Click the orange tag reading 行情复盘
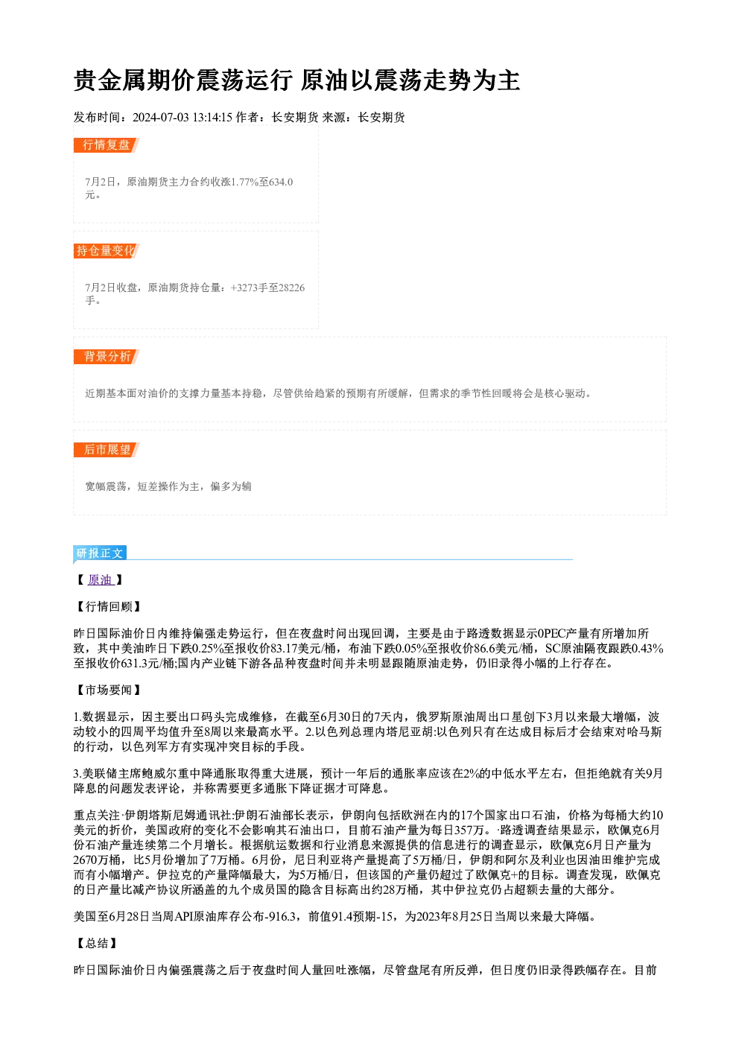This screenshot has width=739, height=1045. pyautogui.click(x=106, y=144)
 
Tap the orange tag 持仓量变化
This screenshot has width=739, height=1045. pyautogui.click(x=106, y=250)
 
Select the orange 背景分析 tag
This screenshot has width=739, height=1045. pyautogui.click(x=106, y=357)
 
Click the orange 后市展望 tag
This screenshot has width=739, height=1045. pyautogui.click(x=106, y=449)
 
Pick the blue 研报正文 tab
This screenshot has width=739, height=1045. pyautogui.click(x=100, y=553)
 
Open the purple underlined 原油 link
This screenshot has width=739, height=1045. pyautogui.click(x=101, y=580)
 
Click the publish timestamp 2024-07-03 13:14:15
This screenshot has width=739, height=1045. pyautogui.click(x=183, y=117)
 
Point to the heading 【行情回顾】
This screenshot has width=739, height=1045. pyautogui.click(x=108, y=606)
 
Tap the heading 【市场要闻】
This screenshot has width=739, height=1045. pyautogui.click(x=108, y=690)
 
